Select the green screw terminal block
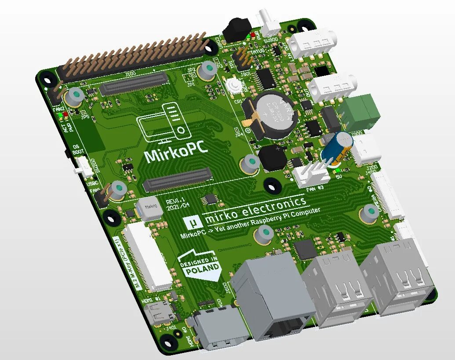point(362,108)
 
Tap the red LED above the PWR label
point(66,115)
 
